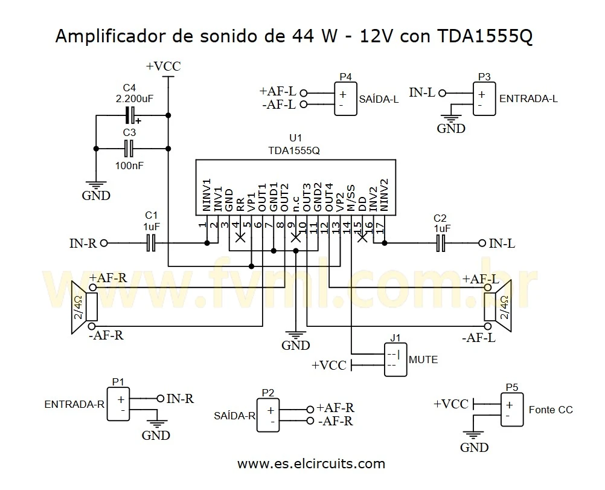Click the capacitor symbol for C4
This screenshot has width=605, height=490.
click(129, 114)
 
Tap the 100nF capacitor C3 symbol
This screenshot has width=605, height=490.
click(129, 147)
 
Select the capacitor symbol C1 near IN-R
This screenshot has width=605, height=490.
click(152, 243)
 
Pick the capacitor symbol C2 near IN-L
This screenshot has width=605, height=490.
click(441, 243)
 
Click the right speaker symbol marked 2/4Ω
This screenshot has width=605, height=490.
click(499, 307)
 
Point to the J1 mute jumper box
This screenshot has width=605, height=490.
click(395, 359)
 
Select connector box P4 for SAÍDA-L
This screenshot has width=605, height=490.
click(345, 98)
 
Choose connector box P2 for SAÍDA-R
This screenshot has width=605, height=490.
click(269, 414)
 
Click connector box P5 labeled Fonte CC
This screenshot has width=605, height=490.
click(511, 410)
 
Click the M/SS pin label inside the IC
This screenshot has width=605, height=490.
click(350, 197)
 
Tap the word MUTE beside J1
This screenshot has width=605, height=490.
click(423, 359)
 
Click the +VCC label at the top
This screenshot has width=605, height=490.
click(163, 66)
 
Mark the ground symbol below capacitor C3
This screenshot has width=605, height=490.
click(95, 185)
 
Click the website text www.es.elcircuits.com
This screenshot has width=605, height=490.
click(311, 464)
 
